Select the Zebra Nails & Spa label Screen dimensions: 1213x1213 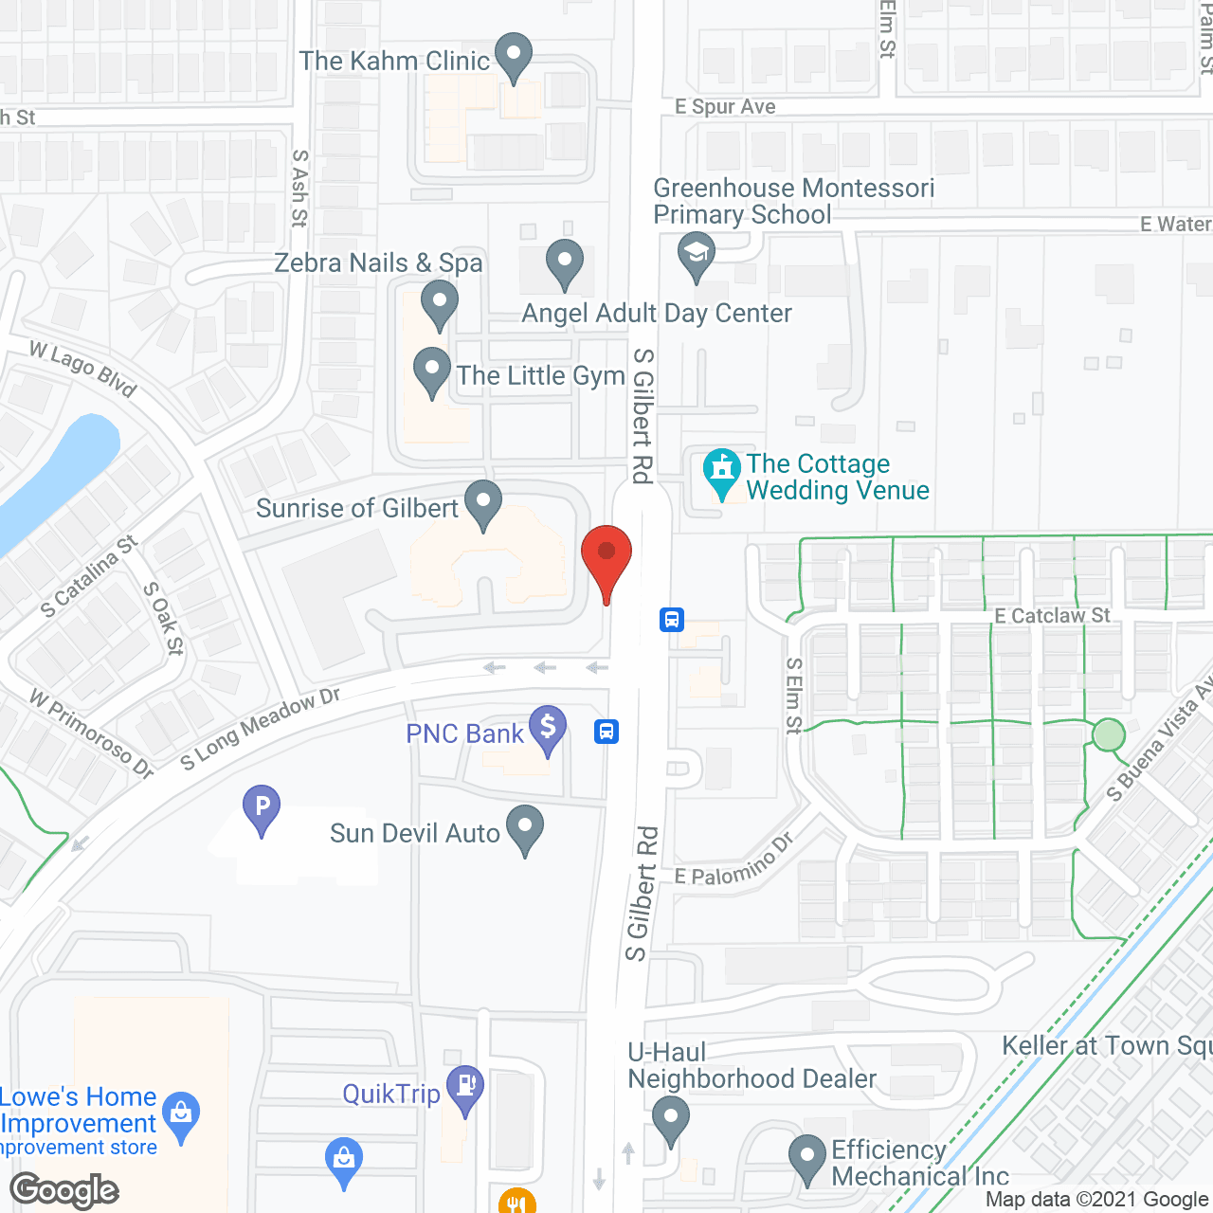click(378, 263)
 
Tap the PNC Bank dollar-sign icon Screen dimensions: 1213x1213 click(548, 729)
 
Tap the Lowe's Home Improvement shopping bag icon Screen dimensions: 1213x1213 click(181, 1114)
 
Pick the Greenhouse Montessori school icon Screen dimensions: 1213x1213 click(697, 256)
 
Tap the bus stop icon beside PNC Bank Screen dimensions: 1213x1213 click(606, 732)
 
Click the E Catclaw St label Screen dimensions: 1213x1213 click(1052, 616)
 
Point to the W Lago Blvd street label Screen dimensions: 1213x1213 click(83, 368)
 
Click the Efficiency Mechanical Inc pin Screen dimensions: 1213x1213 click(807, 1157)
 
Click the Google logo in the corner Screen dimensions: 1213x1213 click(64, 1190)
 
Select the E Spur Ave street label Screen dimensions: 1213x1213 click(725, 107)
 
